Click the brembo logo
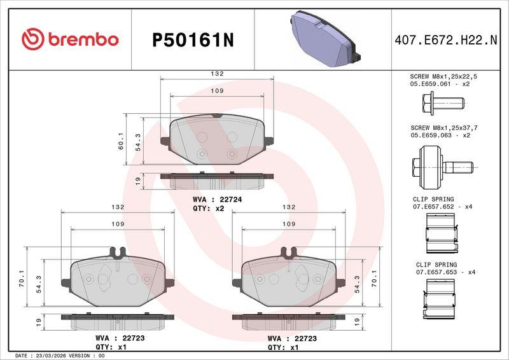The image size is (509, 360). tap(70, 39)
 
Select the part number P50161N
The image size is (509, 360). tap(193, 41)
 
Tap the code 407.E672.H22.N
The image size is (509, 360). tap(446, 40)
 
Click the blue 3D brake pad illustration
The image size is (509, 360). tap(325, 39)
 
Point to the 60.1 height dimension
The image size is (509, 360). tap(121, 141)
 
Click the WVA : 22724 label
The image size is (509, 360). tap(217, 199)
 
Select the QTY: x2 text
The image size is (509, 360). tap(209, 209)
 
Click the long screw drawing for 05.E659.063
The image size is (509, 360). tap(443, 167)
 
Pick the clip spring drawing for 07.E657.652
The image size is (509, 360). tap(442, 234)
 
